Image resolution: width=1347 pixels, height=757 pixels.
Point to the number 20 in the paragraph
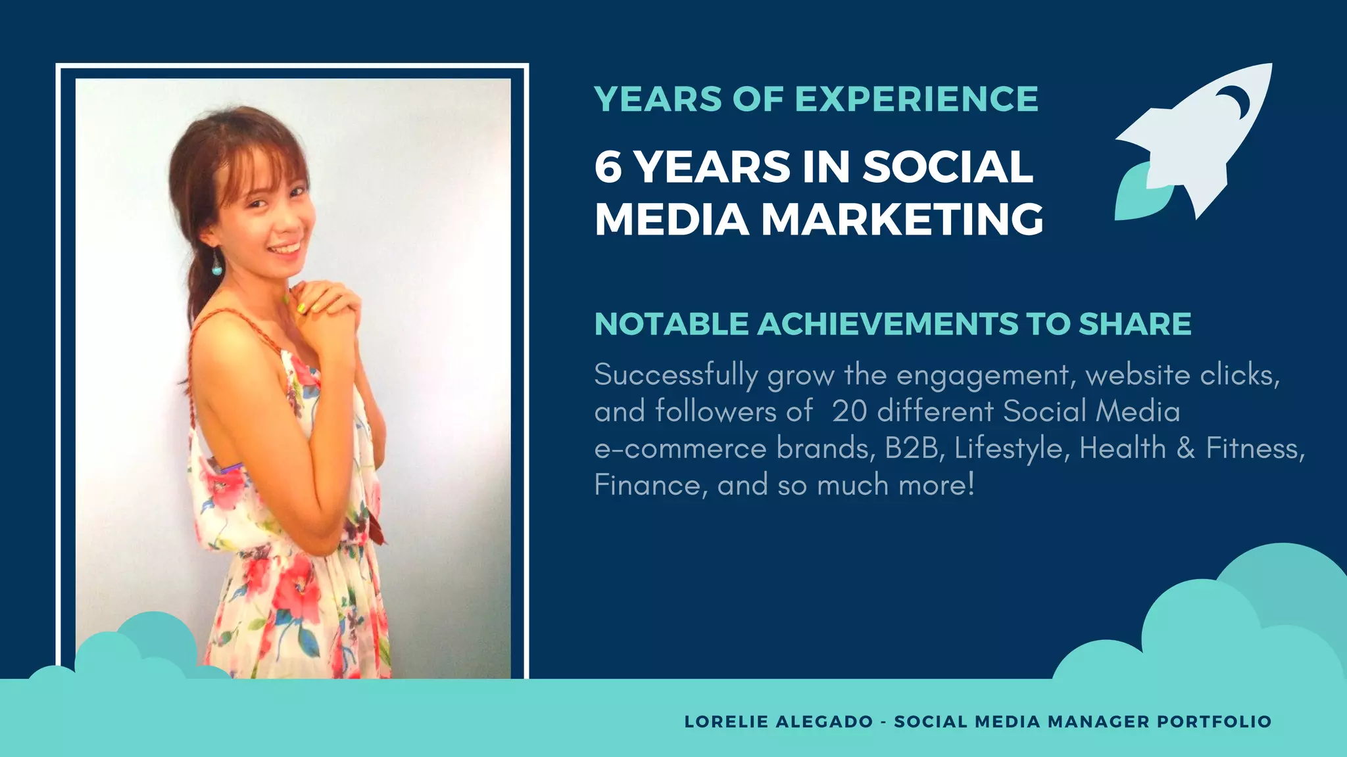coord(849,411)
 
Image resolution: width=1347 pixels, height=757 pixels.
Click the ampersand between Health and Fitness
coord(1185,448)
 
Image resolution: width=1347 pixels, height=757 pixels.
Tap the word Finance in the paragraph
coord(647,486)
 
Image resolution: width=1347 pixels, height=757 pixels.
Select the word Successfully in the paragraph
coord(676,376)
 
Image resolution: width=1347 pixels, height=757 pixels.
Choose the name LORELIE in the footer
coord(726,722)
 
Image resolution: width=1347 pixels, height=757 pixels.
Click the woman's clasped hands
coord(326,304)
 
